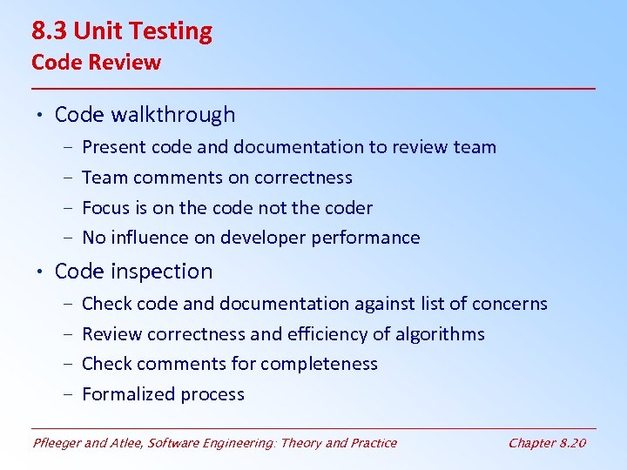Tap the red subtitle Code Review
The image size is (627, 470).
click(96, 63)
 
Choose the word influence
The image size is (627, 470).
click(152, 238)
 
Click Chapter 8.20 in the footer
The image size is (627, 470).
click(547, 443)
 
